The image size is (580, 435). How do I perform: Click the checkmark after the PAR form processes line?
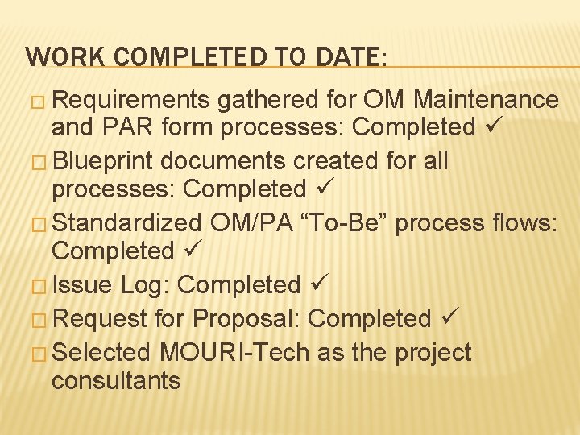coord(492,126)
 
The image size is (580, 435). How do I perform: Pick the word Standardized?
coord(129,222)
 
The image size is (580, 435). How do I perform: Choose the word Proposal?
coord(242,319)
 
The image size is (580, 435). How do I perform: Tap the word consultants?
coord(116,380)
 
